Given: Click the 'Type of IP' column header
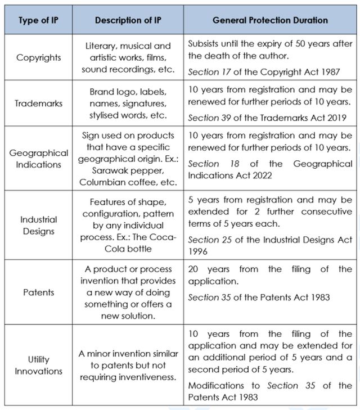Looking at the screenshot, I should pos(38,20).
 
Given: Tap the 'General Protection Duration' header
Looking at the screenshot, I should pos(270,20).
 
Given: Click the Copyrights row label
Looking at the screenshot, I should pos(39,57).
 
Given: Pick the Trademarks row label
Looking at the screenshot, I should pos(39,104).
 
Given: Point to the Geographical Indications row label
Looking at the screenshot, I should pos(39,159).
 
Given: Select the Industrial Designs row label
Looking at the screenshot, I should pos(39,224).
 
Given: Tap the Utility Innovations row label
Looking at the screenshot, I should pos(39,365).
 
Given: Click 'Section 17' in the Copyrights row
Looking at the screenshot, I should pos(206,72).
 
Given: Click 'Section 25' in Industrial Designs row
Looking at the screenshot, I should pos(206,240).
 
